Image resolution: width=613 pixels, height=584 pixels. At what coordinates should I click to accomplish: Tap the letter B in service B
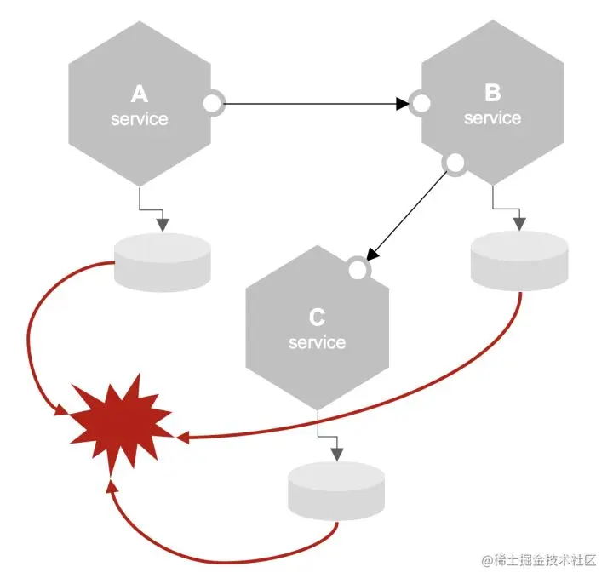pos(492,93)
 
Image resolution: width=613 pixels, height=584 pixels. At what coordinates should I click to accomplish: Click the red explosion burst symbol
pos(120,420)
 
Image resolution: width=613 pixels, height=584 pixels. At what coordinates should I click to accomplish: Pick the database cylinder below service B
pos(518,260)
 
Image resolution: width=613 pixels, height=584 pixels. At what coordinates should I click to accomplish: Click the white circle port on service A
pos(212,104)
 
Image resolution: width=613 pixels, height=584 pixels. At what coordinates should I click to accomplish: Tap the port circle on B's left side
pos(420,105)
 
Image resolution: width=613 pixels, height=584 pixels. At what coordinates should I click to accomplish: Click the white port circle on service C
pos(358,270)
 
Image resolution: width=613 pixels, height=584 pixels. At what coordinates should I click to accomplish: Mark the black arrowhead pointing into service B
pos(403,105)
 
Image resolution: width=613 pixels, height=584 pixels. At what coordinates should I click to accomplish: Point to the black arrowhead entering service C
pos(371,253)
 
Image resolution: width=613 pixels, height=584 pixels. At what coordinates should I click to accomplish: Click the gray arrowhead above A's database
pos(163,225)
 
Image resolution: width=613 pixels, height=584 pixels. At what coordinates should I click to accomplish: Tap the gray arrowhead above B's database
pos(518,223)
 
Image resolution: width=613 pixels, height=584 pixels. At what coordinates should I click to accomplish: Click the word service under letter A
pos(139,119)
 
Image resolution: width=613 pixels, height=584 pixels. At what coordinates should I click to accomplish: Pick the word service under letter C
pos(317,342)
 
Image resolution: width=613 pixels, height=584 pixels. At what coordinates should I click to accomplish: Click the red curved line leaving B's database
pos(477,384)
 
